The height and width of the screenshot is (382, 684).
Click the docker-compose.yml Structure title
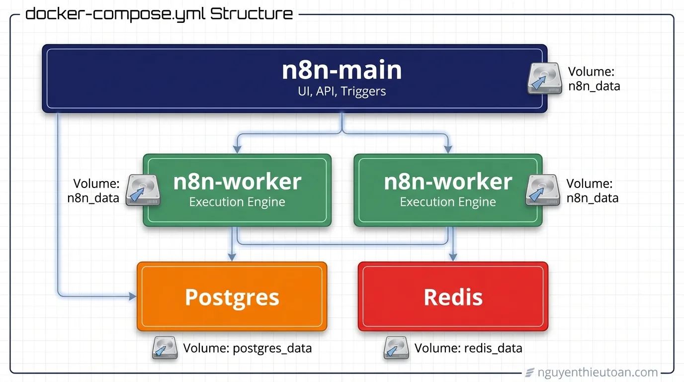pos(159,13)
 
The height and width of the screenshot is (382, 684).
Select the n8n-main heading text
pos(342,70)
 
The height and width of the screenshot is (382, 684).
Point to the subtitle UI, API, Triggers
pos(342,91)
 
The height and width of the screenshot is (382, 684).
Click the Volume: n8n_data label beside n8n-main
pos(594,79)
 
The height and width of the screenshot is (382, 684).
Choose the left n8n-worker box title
pos(237,182)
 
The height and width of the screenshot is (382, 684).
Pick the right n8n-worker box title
pos(448,182)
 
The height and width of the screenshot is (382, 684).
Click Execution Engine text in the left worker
pos(237,202)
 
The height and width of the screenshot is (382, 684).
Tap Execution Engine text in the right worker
pos(448,202)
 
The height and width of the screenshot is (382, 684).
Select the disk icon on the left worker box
pos(143,190)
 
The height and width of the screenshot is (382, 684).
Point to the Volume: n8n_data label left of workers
pos(94,191)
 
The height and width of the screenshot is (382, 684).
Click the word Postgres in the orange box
pos(232,297)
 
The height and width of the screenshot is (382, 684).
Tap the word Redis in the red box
pos(453,297)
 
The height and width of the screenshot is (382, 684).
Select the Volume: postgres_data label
pos(247,348)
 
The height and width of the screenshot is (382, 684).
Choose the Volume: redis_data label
pos(468,348)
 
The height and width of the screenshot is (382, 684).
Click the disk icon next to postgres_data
pos(165,348)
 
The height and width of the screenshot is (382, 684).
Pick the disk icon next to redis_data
pos(396,348)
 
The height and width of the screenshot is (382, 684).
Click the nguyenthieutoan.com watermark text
pos(598,372)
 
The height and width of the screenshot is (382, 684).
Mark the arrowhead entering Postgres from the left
pos(133,296)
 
